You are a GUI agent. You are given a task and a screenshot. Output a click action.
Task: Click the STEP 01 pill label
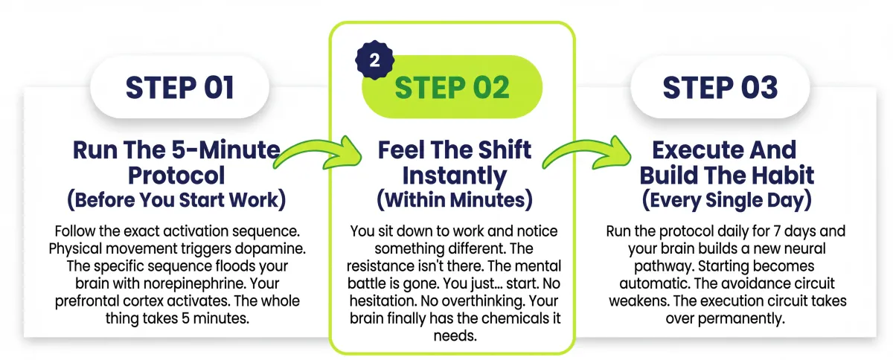click(x=180, y=87)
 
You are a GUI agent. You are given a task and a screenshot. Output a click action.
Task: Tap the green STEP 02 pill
click(x=452, y=87)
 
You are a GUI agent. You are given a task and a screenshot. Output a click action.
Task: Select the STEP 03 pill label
click(x=720, y=87)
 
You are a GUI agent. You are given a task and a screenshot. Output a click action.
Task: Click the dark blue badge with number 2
click(x=374, y=60)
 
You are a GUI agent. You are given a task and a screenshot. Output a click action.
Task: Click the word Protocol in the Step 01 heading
click(x=176, y=176)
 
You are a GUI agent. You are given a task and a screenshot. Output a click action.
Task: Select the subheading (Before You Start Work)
click(x=176, y=200)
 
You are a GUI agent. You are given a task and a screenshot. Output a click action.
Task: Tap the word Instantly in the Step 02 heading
click(x=455, y=176)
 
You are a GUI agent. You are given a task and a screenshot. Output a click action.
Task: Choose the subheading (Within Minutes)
click(x=455, y=200)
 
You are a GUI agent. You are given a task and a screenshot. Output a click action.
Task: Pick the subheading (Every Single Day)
click(x=727, y=200)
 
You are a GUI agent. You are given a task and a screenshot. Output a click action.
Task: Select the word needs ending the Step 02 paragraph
click(x=455, y=336)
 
